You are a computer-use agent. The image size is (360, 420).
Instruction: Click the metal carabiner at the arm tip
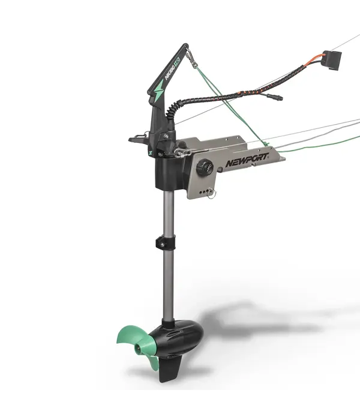pyautogui.click(x=191, y=58)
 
